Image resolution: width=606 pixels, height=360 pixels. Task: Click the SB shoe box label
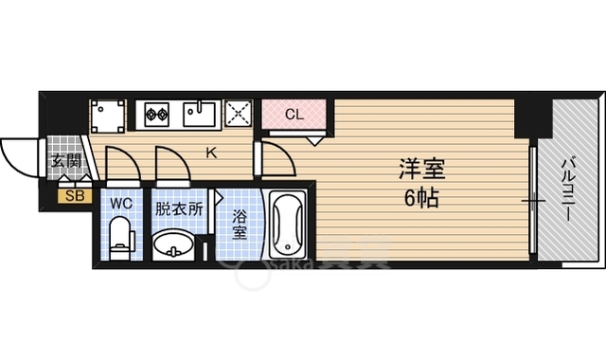(x=74, y=197)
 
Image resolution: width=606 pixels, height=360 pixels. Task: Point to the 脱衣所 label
(x=179, y=206)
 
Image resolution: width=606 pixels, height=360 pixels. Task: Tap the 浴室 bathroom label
(x=240, y=225)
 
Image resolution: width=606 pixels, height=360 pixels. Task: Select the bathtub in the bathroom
(x=287, y=225)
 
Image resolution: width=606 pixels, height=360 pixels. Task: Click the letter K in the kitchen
(x=211, y=150)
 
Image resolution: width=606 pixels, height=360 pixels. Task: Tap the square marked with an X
(x=238, y=115)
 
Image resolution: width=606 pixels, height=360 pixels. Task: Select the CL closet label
(x=294, y=115)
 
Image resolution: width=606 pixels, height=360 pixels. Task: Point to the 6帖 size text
(x=421, y=200)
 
